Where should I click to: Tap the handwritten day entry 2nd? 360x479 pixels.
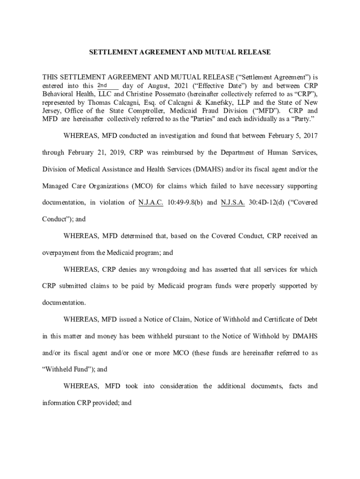tap(102, 85)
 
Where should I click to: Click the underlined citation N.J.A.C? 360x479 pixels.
tap(151, 203)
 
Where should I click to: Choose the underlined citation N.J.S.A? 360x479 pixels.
tap(232, 203)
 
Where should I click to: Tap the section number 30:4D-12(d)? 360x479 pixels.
tap(267, 203)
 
